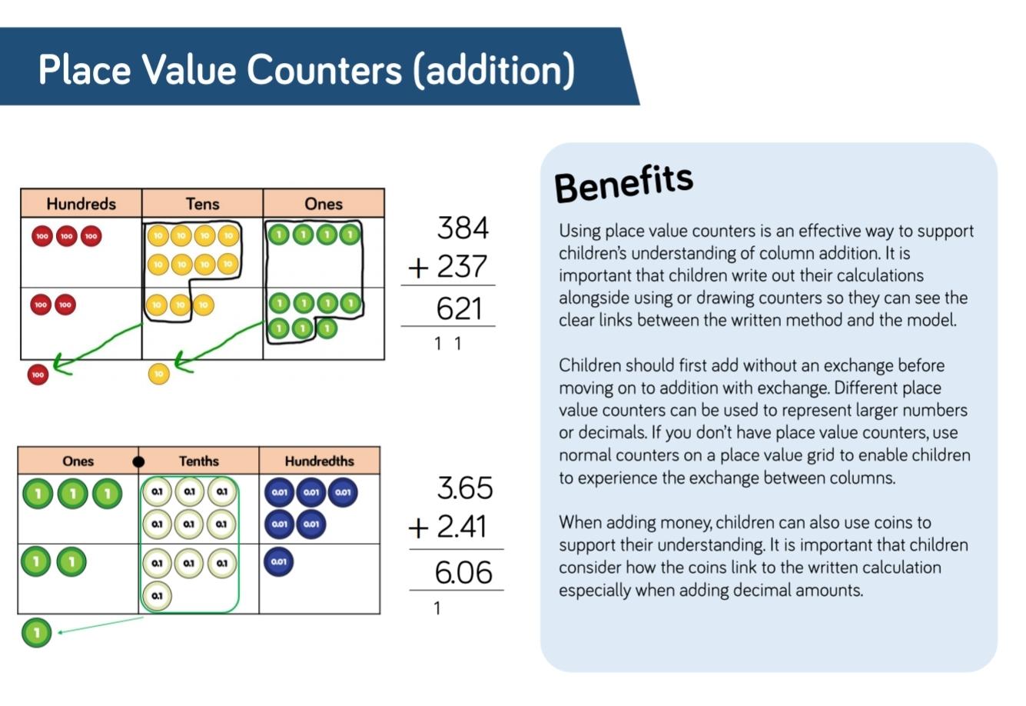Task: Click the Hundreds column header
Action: point(81,204)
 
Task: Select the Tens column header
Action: point(202,204)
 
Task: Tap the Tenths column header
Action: point(199,461)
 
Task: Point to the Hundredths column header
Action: point(319,461)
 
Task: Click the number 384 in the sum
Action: point(463,228)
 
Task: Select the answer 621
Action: point(460,308)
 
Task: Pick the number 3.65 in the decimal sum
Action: point(465,488)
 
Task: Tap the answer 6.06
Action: point(463,572)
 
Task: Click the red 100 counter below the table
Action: point(38,375)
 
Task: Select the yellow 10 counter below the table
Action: point(159,374)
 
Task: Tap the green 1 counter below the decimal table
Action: point(37,633)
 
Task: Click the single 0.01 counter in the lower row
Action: point(278,561)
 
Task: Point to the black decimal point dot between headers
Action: point(138,461)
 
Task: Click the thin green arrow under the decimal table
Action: point(101,624)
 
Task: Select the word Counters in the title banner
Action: point(324,70)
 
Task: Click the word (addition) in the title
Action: point(493,70)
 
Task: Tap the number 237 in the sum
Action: point(462,266)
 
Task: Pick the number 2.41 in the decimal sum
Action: point(462,526)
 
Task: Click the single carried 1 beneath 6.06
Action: point(437,608)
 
